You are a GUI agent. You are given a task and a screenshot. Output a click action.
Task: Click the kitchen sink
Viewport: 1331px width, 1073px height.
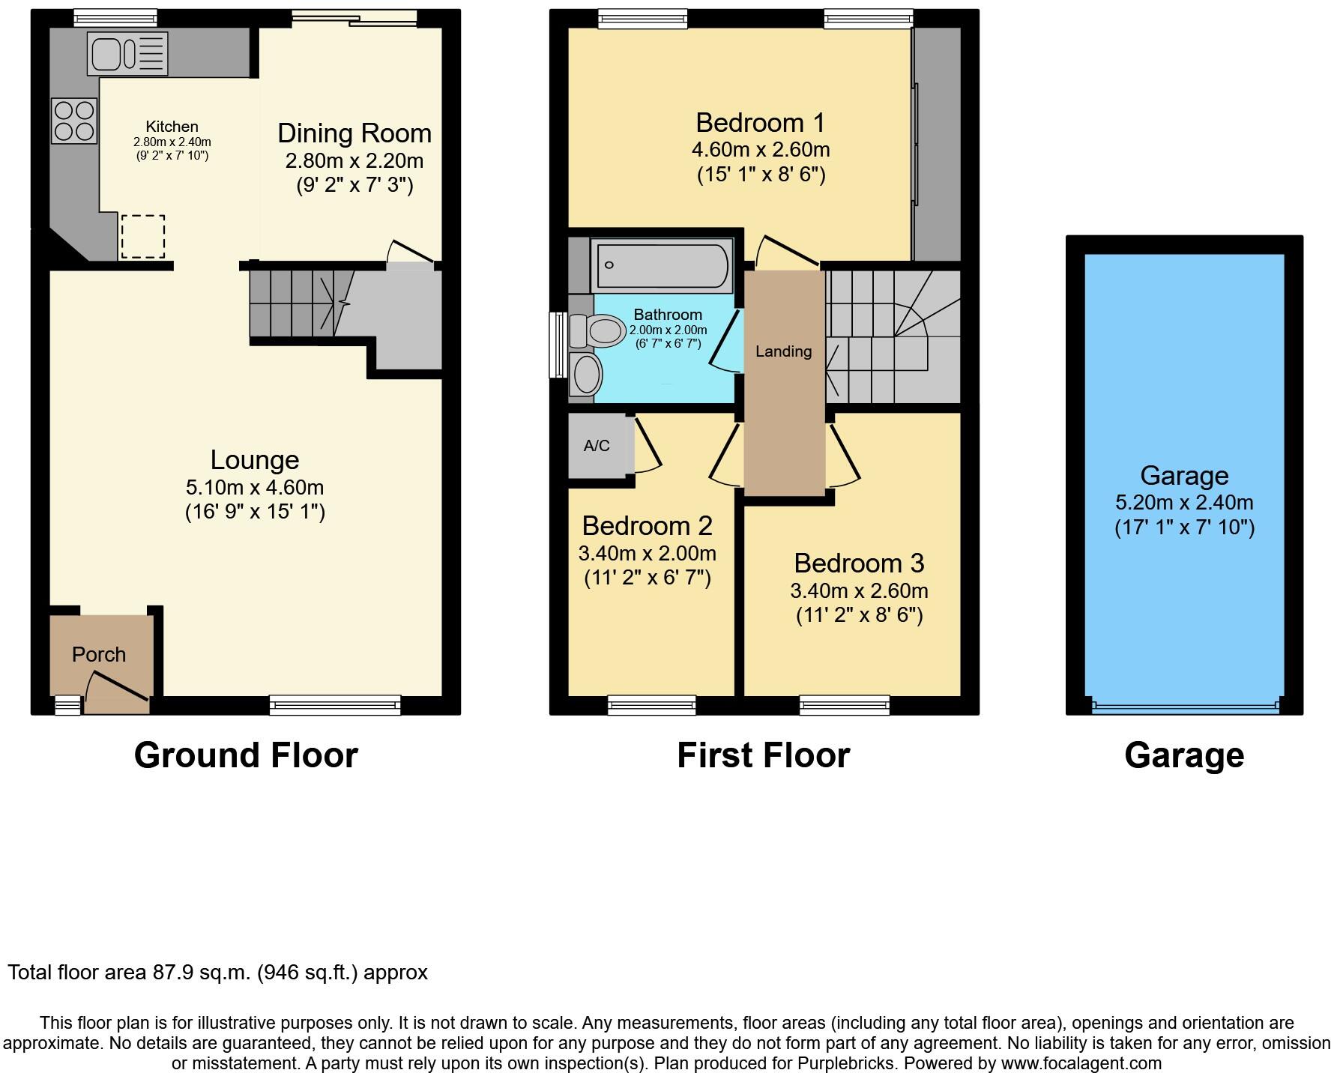(x=127, y=53)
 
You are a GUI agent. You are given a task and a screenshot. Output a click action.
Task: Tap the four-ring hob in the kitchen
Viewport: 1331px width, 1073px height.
(x=74, y=121)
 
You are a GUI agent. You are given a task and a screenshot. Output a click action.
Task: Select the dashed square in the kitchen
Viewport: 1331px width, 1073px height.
(x=142, y=236)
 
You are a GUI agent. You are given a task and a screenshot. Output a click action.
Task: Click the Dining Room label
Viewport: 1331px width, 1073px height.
(x=354, y=133)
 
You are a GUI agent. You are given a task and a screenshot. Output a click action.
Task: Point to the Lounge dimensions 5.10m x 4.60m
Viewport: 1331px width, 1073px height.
(x=255, y=487)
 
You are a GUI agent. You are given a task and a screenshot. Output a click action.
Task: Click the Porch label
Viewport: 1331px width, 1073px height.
(x=99, y=654)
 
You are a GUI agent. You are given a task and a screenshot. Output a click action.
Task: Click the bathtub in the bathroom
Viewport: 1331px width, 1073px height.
(x=661, y=265)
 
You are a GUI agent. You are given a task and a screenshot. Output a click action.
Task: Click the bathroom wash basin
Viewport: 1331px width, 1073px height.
(x=586, y=374)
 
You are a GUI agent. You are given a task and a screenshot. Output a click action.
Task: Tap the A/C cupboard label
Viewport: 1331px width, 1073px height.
(x=597, y=446)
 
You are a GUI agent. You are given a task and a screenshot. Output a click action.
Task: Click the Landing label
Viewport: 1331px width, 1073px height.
(x=783, y=351)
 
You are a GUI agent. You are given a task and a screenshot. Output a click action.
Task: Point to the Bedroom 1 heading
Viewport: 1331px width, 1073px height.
(x=760, y=122)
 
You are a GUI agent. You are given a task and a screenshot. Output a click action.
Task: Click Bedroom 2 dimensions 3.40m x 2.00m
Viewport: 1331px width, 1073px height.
(x=647, y=554)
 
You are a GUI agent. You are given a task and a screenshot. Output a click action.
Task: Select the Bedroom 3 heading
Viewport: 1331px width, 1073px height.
(x=859, y=563)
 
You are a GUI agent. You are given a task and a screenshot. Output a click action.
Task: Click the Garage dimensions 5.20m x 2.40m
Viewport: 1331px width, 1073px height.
(x=1184, y=502)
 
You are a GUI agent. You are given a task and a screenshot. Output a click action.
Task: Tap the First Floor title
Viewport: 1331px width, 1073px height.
(x=763, y=755)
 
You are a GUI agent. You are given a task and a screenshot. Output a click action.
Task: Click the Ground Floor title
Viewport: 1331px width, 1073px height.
(x=246, y=755)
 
